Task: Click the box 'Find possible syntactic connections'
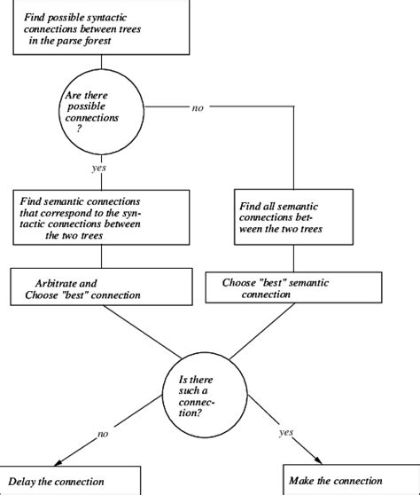pos(107,26)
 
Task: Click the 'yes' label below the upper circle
pos(99,167)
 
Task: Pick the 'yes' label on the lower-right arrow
pos(285,434)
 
